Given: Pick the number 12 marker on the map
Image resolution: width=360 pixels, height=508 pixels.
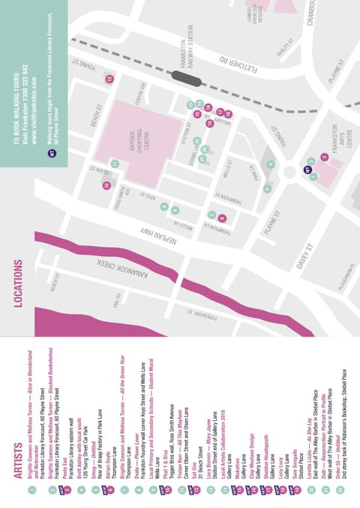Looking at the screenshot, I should point(109,78).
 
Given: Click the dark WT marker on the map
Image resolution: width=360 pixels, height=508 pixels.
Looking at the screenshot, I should point(307,170).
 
